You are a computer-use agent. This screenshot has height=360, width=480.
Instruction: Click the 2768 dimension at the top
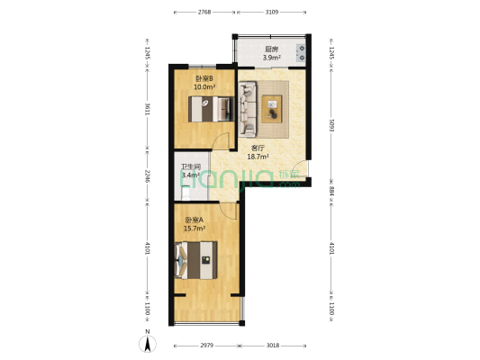click(204, 13)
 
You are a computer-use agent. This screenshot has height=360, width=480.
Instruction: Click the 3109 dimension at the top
click(272, 13)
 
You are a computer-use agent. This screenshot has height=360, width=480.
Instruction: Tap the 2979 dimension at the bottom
click(206, 346)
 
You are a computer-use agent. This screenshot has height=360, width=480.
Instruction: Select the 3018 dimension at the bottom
click(273, 346)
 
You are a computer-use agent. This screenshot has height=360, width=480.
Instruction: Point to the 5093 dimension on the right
click(331, 125)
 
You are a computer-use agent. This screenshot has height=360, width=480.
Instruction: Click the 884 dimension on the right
click(331, 191)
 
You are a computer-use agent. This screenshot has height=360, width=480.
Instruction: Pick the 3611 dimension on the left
click(148, 109)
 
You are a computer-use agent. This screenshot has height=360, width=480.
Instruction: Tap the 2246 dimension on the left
click(148, 176)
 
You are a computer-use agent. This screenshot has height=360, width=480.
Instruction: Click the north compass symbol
click(148, 344)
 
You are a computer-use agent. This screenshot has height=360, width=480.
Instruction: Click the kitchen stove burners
click(301, 52)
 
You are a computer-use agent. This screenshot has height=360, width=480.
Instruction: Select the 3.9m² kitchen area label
click(272, 58)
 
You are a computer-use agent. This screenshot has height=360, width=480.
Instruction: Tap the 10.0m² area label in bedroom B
click(204, 87)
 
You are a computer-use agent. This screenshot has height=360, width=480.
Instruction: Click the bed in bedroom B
click(212, 109)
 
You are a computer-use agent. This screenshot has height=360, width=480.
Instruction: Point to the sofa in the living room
click(248, 109)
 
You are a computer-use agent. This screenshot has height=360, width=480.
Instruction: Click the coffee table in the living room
click(272, 109)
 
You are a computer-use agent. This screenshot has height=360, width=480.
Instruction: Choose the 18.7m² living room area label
click(258, 157)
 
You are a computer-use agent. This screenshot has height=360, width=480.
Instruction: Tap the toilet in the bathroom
click(186, 193)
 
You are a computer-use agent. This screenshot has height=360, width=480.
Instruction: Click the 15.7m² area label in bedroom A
click(195, 229)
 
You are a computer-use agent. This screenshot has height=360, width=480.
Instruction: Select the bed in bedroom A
click(196, 260)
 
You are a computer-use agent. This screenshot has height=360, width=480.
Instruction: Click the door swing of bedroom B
click(221, 140)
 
